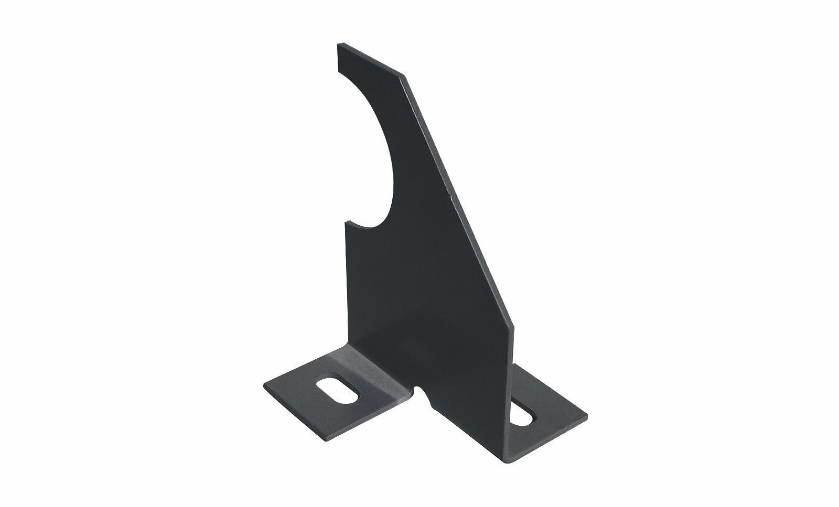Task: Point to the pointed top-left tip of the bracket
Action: click(x=337, y=46)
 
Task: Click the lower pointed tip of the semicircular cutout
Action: click(x=346, y=223)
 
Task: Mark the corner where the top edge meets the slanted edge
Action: click(x=404, y=77)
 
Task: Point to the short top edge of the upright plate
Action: click(x=370, y=61)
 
